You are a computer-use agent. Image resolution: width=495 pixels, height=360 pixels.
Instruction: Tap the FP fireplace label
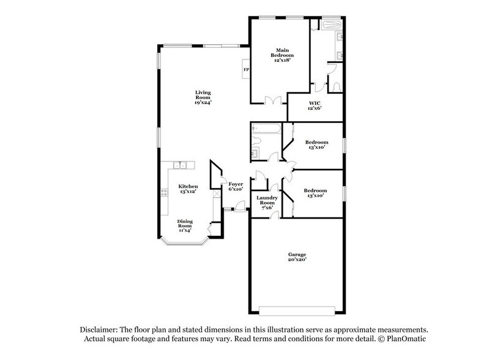(246, 70)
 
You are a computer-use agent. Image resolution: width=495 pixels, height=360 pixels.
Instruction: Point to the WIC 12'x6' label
(314, 105)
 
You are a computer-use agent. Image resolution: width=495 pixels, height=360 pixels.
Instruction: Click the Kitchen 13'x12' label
(188, 189)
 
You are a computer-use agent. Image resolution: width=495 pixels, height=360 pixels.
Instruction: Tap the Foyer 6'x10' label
(236, 187)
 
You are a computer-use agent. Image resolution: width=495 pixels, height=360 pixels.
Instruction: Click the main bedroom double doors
(273, 101)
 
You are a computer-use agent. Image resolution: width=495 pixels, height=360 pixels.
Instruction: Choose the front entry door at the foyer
(237, 210)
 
